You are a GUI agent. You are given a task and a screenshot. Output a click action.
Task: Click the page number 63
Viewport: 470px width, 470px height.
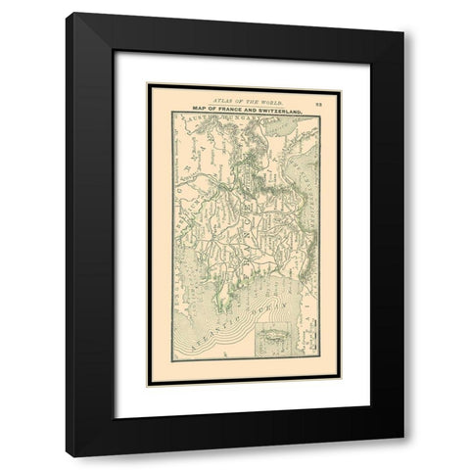(319, 103)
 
